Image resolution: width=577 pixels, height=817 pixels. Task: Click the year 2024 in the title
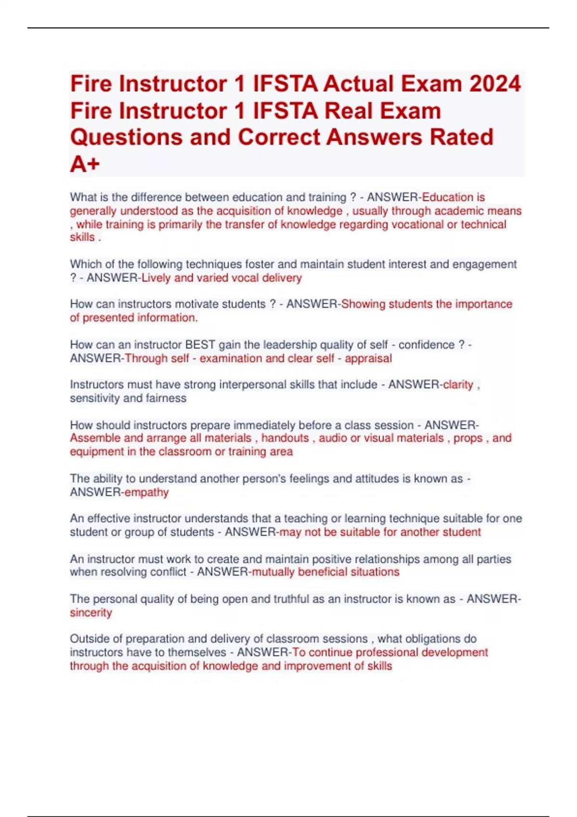tap(495, 84)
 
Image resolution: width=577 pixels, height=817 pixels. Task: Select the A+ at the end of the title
tap(85, 164)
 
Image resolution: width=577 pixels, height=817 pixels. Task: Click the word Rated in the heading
tap(462, 137)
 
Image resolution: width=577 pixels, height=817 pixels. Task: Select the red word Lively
tap(156, 278)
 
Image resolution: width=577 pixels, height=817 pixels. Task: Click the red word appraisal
tap(368, 358)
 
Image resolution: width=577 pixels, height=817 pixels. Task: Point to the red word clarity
tap(458, 384)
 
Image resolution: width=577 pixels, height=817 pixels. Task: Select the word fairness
tap(167, 398)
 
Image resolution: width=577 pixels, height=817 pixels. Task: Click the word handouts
tap(285, 438)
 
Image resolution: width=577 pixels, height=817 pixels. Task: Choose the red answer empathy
tap(147, 492)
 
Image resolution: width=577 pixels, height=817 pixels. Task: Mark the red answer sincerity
tap(91, 613)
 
